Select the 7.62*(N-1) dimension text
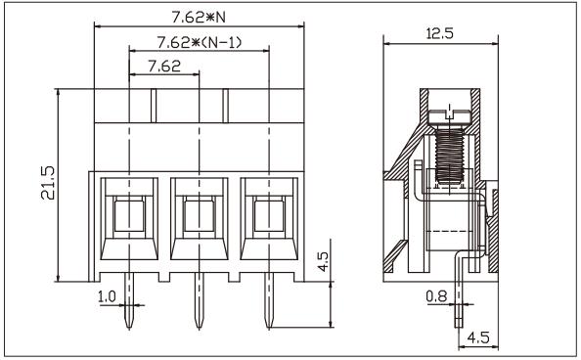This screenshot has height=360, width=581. (200, 43)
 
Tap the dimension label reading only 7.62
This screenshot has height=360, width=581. (164, 67)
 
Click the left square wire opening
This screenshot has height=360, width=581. (129, 213)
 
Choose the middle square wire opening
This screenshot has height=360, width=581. (200, 213)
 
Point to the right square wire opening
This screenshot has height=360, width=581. (270, 213)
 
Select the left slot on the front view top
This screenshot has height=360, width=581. (153, 105)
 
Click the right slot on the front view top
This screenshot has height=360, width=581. (225, 105)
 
